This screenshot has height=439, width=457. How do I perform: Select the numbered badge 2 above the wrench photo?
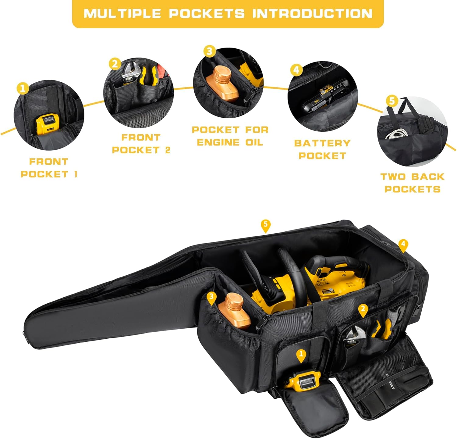[115, 64]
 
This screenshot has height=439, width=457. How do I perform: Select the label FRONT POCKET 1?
[49, 168]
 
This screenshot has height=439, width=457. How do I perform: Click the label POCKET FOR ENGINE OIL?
[230, 136]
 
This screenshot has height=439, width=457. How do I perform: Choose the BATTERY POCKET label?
[322, 149]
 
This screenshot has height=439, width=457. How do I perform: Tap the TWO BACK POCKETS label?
[412, 183]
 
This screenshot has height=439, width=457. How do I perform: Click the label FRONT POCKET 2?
[141, 144]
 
